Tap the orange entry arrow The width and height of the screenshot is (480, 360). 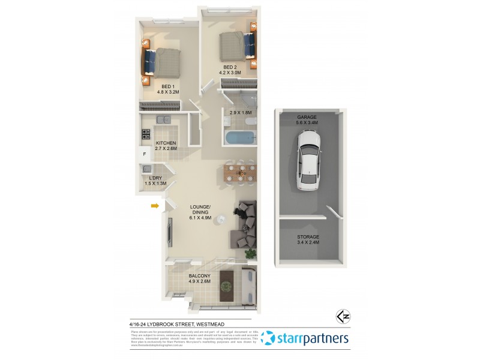tap(155, 206)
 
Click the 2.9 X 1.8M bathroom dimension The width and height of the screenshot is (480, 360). tap(237, 112)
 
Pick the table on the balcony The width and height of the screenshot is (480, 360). tap(227, 284)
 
